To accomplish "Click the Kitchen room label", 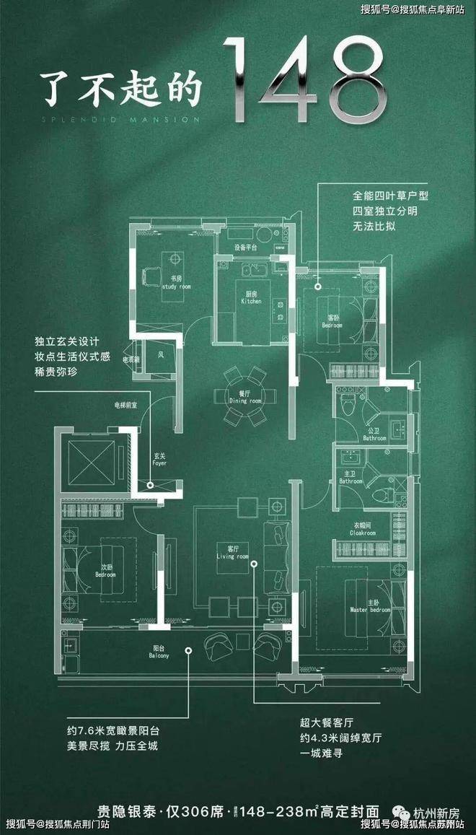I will pos(251,298).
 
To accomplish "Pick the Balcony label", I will pos(159,652).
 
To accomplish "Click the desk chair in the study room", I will pos(152,275).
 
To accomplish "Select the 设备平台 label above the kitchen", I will pos(245,247).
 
